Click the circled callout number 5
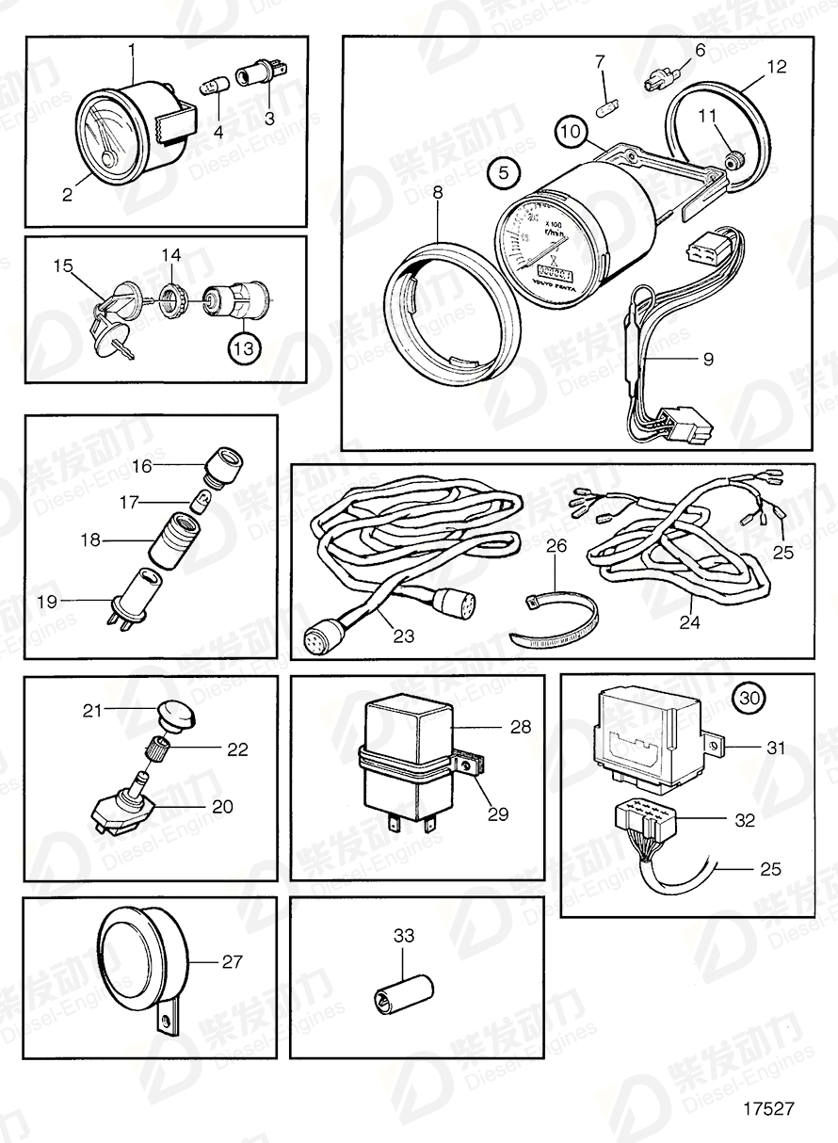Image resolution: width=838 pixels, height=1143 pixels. click(504, 173)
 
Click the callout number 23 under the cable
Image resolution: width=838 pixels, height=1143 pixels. click(404, 637)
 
